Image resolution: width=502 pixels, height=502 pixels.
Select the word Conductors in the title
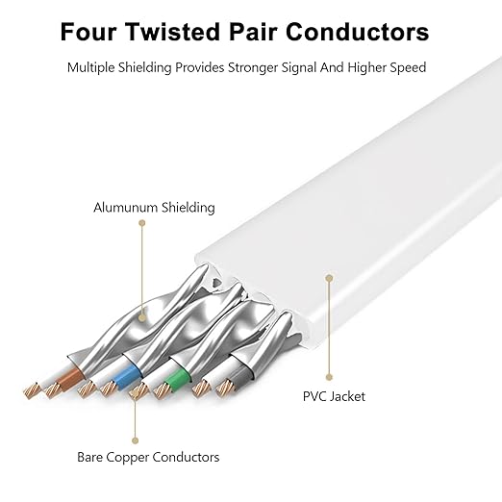click(357, 32)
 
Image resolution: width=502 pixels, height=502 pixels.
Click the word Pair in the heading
click(253, 32)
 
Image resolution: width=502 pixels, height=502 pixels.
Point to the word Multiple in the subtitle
click(90, 67)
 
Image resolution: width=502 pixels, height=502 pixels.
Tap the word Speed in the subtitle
click(408, 67)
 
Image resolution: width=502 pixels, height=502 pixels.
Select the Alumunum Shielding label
click(154, 208)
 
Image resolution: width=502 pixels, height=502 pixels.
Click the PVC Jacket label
click(334, 396)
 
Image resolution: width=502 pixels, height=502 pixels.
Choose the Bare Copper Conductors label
click(148, 457)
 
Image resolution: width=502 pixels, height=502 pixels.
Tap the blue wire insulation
click(127, 378)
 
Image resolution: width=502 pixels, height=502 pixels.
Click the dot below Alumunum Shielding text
click(142, 223)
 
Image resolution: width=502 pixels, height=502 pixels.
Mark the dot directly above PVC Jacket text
click(329, 377)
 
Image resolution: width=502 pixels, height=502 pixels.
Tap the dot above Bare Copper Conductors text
click(135, 440)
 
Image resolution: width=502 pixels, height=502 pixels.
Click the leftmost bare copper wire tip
click(32, 390)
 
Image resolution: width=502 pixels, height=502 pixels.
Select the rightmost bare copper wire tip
click(225, 388)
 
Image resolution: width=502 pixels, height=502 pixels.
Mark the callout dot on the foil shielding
click(142, 317)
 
